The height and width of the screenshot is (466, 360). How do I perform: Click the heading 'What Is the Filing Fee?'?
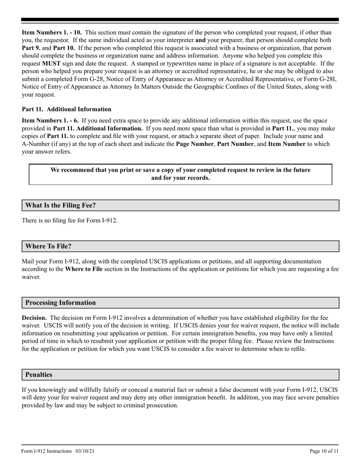coord(61,205)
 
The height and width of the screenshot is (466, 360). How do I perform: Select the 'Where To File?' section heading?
coord(48,246)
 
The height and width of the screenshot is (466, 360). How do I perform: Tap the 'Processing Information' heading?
coord(60,303)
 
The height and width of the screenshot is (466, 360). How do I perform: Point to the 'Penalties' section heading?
coord(39,375)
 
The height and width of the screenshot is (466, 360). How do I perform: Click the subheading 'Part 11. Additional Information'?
coord(67,109)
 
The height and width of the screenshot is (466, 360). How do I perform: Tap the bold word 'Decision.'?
coord(34,318)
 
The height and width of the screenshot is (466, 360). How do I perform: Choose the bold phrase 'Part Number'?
coord(235,144)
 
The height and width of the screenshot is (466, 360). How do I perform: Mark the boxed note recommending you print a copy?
coord(180,174)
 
